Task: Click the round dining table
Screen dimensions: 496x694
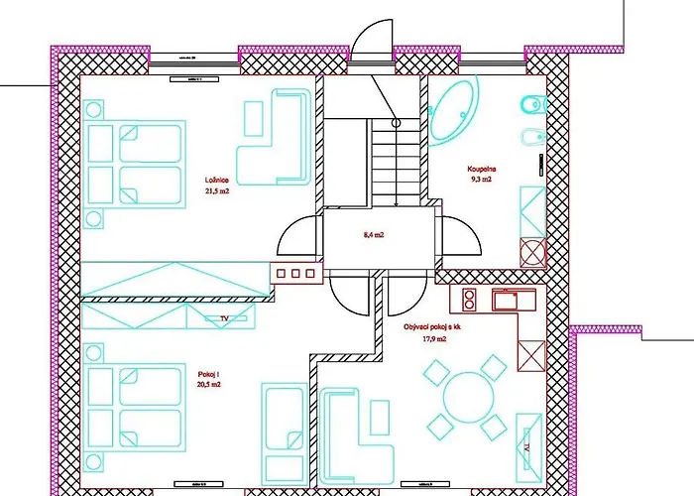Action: pyautogui.click(x=466, y=395)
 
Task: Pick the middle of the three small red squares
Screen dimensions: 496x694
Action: pyautogui.click(x=294, y=273)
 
